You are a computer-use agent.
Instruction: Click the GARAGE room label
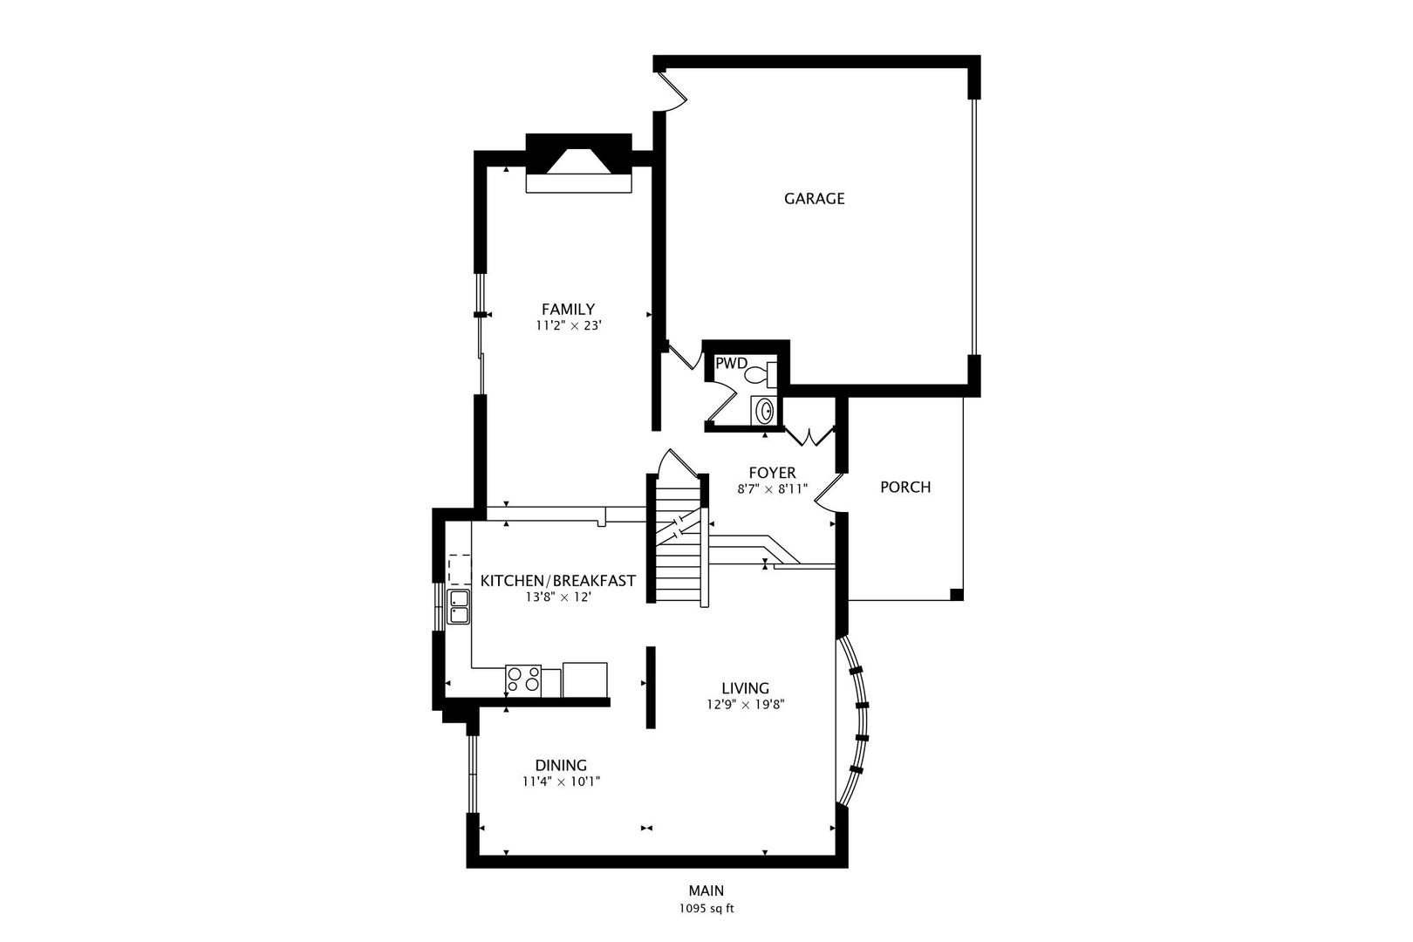[x=814, y=198]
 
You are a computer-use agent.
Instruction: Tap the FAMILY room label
[x=568, y=309]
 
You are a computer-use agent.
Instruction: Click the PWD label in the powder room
[x=731, y=363]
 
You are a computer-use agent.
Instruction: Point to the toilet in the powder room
[x=758, y=375]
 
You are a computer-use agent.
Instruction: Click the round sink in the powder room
[x=764, y=409]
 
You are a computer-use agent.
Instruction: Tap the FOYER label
[x=772, y=473]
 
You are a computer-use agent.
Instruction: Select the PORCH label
[x=904, y=487]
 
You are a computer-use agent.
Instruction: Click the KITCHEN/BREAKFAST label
[x=558, y=581]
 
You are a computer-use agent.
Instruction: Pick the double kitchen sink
[x=459, y=606]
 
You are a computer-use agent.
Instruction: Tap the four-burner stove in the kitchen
[x=522, y=680]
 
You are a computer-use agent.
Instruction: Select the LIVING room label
[x=745, y=687]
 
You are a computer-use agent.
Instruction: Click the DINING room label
[x=561, y=765]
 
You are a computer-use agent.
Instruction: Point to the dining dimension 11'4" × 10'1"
[x=561, y=782]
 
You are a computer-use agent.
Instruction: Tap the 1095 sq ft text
[x=706, y=908]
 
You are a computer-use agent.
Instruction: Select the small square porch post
[x=956, y=595]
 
